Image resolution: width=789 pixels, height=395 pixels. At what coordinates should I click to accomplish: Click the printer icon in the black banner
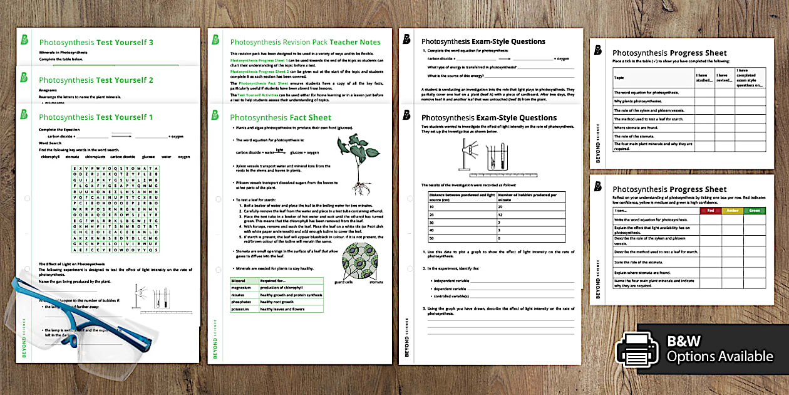[637, 349]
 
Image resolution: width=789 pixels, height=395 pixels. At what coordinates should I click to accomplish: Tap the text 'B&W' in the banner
[684, 341]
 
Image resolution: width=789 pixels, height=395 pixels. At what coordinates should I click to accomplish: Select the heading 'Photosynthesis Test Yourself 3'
[96, 43]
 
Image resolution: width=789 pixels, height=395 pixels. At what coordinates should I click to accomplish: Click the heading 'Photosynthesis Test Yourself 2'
[96, 80]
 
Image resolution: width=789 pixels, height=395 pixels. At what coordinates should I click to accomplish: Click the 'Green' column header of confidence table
[755, 211]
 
